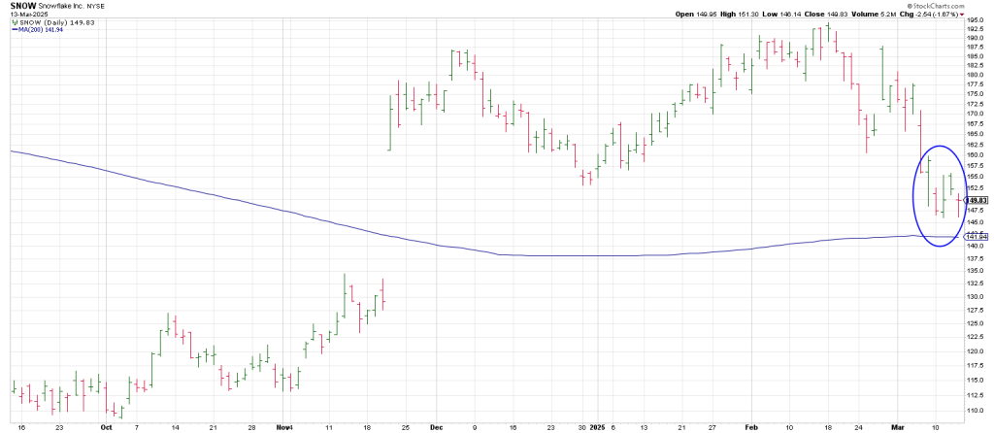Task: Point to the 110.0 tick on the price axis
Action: pyautogui.click(x=977, y=410)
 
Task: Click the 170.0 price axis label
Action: pyautogui.click(x=977, y=113)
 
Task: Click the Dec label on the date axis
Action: pyautogui.click(x=436, y=425)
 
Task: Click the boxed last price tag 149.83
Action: pyautogui.click(x=977, y=200)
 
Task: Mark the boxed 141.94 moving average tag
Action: pyautogui.click(x=977, y=236)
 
